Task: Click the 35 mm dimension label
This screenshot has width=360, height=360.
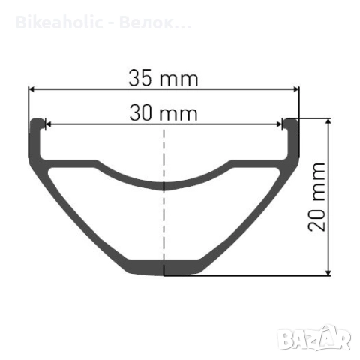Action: [x=163, y=77]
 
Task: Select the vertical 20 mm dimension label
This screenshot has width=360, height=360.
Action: [x=319, y=196]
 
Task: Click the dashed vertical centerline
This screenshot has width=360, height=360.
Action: [x=163, y=225]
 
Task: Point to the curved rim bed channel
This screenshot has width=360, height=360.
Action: [x=163, y=180]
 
